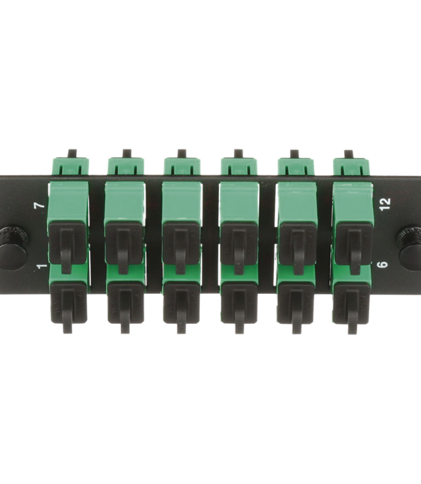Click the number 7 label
[x=41, y=205]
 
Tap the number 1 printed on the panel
[x=42, y=265]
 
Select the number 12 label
[x=385, y=204]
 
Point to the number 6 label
[x=383, y=264]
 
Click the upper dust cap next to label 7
[x=67, y=246]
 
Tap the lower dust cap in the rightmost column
[x=352, y=306]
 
